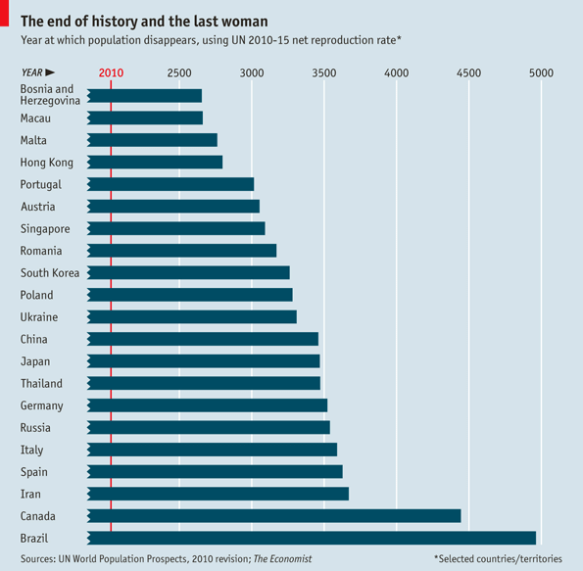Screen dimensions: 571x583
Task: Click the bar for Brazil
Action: (312, 538)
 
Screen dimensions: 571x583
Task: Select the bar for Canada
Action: (274, 515)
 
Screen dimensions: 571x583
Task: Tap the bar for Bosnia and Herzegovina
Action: (145, 96)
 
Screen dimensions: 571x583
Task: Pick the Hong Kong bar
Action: (155, 163)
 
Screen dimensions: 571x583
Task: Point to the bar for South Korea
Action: (188, 272)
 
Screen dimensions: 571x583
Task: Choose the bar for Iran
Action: (218, 494)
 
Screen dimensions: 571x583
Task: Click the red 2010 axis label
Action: (111, 73)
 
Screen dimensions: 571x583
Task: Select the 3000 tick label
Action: (252, 73)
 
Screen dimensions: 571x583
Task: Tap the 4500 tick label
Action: (468, 73)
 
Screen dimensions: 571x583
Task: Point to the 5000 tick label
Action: (541, 73)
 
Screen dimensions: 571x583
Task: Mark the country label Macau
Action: (36, 119)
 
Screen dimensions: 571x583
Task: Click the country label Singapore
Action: (45, 228)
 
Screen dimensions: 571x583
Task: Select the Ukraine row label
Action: (39, 317)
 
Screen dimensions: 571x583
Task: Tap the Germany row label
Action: (42, 405)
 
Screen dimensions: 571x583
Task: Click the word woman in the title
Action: (238, 21)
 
